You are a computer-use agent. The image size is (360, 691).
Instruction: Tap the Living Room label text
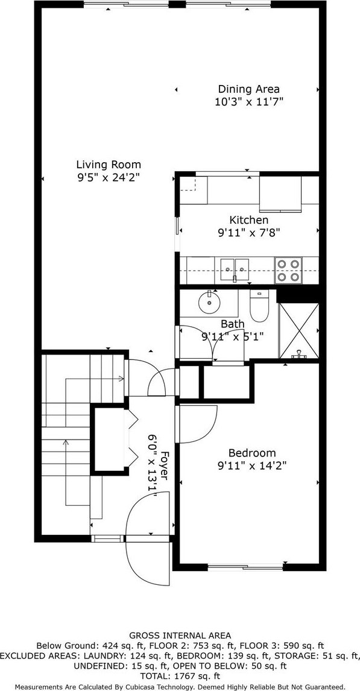(x=109, y=165)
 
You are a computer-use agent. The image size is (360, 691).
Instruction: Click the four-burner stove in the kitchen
(x=289, y=270)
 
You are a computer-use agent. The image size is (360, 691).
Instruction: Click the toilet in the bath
(x=259, y=305)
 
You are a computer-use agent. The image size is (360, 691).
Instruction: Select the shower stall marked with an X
(x=299, y=330)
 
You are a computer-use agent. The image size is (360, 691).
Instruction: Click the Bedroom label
(x=252, y=453)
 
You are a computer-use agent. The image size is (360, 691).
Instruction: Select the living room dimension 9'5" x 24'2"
(x=109, y=178)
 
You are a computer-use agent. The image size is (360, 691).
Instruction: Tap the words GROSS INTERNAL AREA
(x=180, y=636)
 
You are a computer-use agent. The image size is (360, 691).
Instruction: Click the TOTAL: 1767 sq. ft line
(x=180, y=675)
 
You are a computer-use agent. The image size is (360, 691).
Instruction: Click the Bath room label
(x=233, y=324)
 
